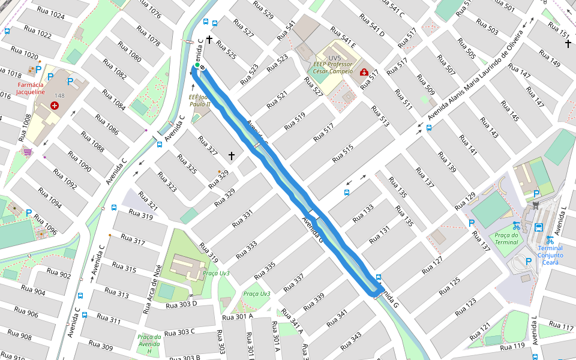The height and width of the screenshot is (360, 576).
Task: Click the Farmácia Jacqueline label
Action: point(30,88)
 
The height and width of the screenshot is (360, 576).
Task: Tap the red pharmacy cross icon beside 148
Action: point(55,106)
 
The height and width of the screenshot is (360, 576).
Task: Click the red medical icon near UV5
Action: point(364,73)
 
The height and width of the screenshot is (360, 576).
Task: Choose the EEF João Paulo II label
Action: point(200,100)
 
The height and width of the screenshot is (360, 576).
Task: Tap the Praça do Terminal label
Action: point(506,238)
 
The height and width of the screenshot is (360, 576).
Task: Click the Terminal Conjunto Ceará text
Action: point(550,251)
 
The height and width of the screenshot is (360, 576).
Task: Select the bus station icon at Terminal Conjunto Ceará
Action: point(538,227)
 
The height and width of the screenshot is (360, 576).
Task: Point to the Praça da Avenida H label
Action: point(149,344)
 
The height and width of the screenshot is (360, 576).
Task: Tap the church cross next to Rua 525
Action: point(209,40)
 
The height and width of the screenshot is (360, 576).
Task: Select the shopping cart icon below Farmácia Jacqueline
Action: point(27,152)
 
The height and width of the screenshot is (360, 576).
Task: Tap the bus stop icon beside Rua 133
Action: point(347,193)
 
